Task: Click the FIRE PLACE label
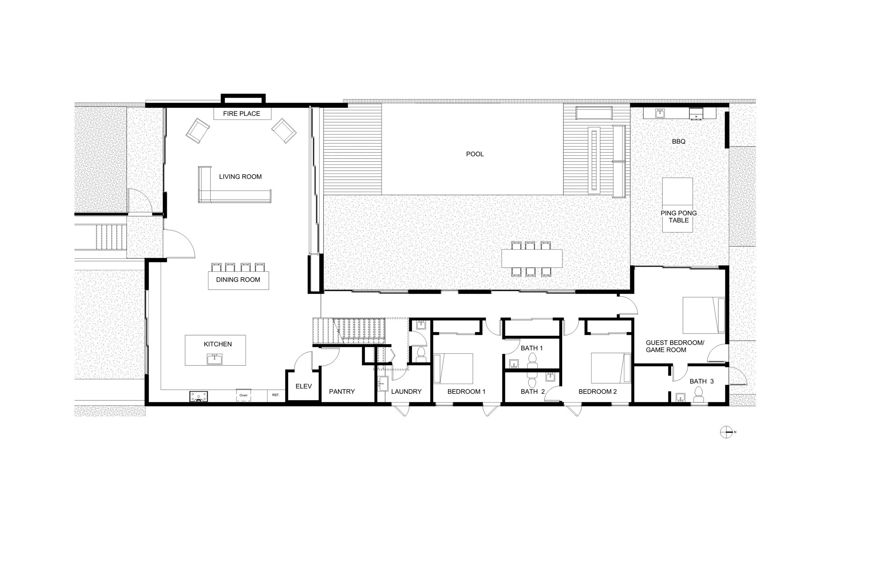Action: point(241,113)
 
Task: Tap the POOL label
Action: point(475,154)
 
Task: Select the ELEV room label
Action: point(303,386)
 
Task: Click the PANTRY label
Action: point(342,392)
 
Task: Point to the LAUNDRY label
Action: point(406,392)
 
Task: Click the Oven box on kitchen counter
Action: point(243,395)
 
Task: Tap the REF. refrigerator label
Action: point(276,395)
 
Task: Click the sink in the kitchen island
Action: point(214,359)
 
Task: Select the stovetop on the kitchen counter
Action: point(199,396)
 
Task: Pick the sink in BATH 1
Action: point(514,363)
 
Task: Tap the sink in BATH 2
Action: point(550,377)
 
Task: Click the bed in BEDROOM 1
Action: point(453,368)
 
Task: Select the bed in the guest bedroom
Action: point(703,315)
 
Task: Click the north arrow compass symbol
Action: point(726,432)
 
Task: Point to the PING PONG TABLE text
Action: point(678,216)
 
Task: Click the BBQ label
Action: point(678,141)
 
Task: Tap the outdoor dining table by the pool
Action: point(531,258)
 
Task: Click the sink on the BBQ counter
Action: point(660,113)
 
